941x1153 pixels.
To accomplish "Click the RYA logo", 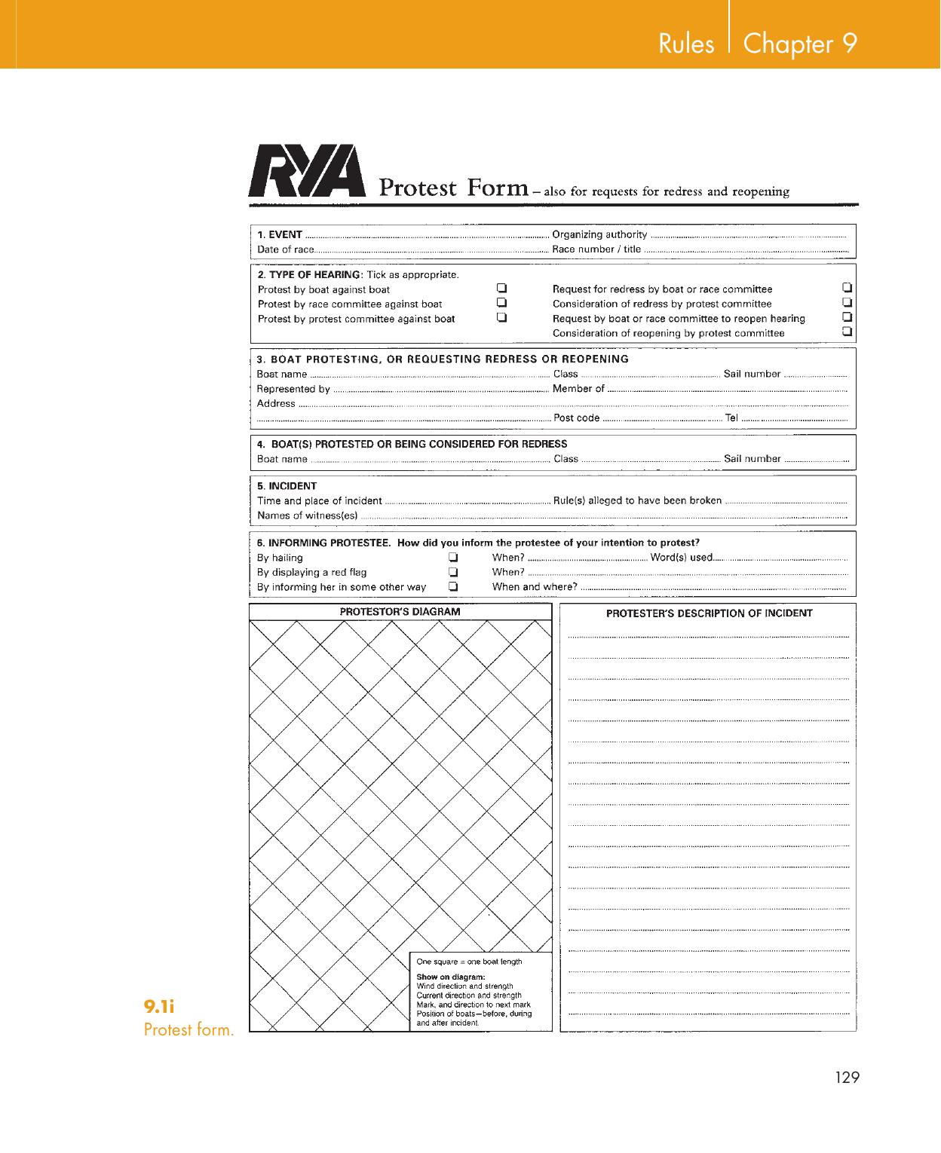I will click(307, 173).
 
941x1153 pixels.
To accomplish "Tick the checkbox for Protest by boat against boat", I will click(501, 289).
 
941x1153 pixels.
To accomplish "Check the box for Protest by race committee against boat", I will click(501, 303).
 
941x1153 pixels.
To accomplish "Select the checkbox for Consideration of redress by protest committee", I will click(848, 302).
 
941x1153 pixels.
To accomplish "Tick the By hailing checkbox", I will click(454, 558).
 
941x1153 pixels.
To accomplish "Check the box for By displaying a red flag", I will click(454, 572).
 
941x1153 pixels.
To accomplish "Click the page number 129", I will click(848, 1078).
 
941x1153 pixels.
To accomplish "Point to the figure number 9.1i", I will click(159, 1006).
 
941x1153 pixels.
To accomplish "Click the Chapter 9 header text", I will click(800, 44).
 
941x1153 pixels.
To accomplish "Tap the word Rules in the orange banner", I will click(686, 44).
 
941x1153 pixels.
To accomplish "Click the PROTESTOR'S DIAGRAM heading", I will click(400, 612).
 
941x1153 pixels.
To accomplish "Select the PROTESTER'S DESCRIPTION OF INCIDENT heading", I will click(709, 613).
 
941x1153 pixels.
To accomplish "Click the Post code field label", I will click(577, 418).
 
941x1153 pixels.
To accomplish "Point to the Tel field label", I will click(731, 418).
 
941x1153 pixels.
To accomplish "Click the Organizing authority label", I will click(599, 234).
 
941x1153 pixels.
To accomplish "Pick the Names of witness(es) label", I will click(307, 515).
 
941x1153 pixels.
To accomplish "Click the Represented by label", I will click(293, 389).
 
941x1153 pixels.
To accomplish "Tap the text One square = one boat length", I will click(469, 962).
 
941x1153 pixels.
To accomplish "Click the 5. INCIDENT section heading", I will click(287, 486).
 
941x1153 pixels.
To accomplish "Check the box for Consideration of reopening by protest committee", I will click(848, 332).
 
